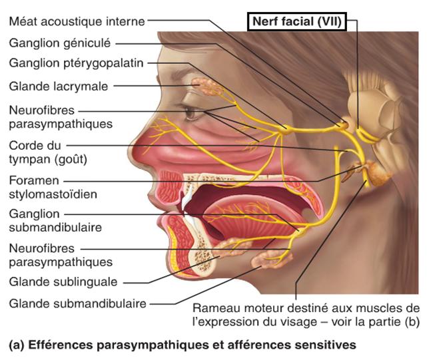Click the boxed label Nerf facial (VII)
(296, 22)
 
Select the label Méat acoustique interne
(77, 21)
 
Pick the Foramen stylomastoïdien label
(53, 187)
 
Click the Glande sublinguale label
(63, 281)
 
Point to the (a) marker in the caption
(16, 345)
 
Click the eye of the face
(194, 112)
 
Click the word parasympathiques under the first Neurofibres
(61, 123)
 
